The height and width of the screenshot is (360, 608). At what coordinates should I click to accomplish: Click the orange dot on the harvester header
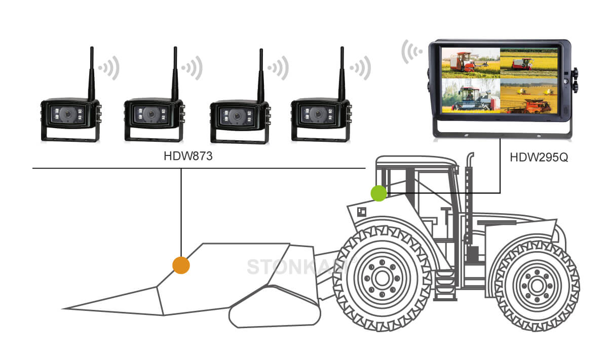coord(181,265)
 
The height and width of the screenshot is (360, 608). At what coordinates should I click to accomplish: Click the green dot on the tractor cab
coord(378,193)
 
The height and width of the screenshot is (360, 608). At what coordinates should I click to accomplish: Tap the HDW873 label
coord(187,156)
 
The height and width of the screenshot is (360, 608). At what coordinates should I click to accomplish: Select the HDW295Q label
coord(539,156)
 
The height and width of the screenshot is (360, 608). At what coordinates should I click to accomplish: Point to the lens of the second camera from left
coord(150,114)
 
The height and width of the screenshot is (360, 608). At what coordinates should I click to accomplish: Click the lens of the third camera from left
coord(236,116)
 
